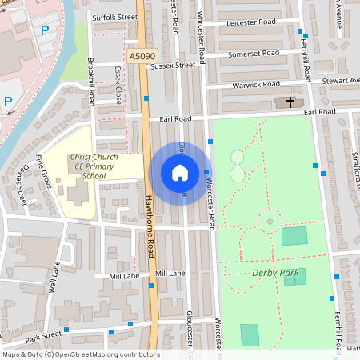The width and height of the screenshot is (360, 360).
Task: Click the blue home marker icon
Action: point(180,173)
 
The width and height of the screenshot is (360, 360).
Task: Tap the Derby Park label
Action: point(275,273)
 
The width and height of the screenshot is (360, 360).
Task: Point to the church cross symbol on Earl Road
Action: point(289,102)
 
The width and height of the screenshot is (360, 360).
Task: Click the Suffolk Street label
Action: point(115,17)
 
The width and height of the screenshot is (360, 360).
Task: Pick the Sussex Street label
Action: point(174,66)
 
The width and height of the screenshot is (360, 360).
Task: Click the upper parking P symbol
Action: point(45,30)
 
